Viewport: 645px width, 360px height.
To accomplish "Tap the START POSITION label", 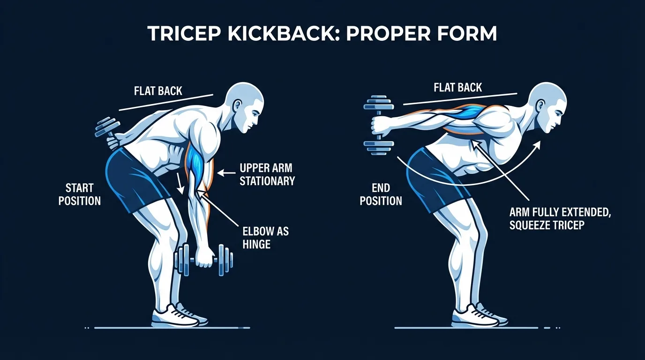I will coord(80,195).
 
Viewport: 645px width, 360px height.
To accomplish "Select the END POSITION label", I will coord(381,195).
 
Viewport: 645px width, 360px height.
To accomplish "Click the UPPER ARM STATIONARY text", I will coord(267,174).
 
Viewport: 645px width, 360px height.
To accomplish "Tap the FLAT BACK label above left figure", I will coord(158,90).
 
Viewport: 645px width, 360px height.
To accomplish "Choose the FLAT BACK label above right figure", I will coord(458,88).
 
